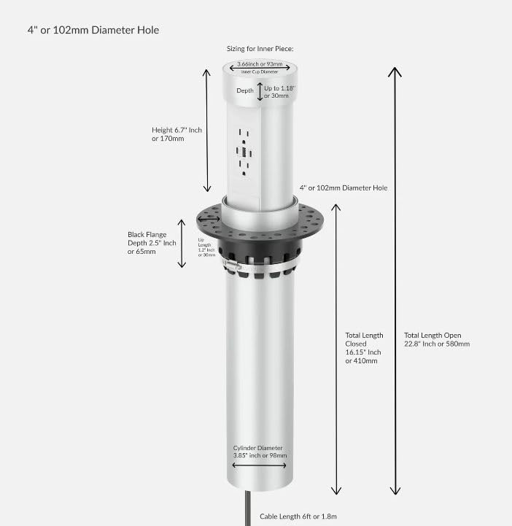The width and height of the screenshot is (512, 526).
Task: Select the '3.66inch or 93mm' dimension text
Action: click(x=261, y=65)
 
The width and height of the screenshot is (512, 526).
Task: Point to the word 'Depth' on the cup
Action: click(x=245, y=91)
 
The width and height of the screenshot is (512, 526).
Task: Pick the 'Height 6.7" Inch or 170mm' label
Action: click(x=177, y=134)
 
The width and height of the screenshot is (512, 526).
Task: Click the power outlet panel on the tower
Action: click(x=244, y=152)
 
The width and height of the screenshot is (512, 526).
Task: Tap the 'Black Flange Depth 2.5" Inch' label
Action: click(x=152, y=243)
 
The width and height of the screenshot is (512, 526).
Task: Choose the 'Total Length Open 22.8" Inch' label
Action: click(x=437, y=340)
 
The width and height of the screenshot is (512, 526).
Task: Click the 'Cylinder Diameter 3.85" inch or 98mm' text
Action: click(x=260, y=452)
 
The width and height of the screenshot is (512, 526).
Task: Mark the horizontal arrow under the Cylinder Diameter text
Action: click(x=260, y=465)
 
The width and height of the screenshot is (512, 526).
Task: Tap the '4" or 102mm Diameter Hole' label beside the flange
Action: click(x=344, y=187)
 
